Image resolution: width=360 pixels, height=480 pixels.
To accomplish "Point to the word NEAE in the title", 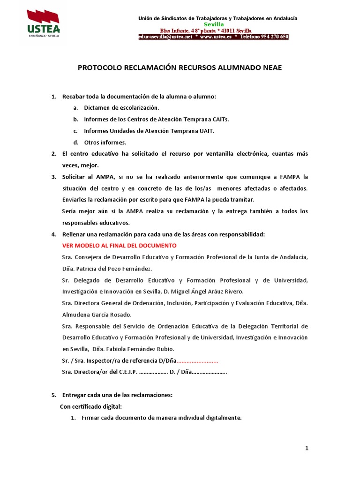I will pyautogui.click(x=273, y=67).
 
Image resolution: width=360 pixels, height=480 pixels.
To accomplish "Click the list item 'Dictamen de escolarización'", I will pyautogui.click(x=118, y=108).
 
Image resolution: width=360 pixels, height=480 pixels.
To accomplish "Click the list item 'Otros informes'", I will pyautogui.click(x=105, y=142).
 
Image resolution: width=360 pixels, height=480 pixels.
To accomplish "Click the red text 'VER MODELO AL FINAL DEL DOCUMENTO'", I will pyautogui.click(x=120, y=246).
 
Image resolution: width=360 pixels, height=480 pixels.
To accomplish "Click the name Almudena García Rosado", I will pyautogui.click(x=97, y=315).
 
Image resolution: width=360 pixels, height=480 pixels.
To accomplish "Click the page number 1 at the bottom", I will pyautogui.click(x=307, y=449).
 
